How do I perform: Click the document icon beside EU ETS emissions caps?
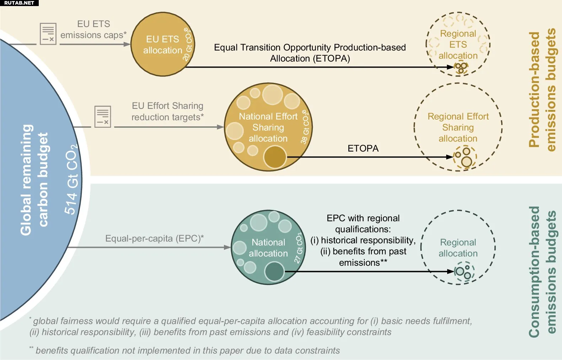click(x=48, y=34)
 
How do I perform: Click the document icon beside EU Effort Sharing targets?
click(x=103, y=116)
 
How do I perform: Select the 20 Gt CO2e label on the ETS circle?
click(x=187, y=44)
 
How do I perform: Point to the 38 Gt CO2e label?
click(x=305, y=127)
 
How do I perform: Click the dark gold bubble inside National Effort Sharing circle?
click(x=275, y=157)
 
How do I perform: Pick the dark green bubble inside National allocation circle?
click(x=274, y=271)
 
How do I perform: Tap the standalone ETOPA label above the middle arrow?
click(x=363, y=148)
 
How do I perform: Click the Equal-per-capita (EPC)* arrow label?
click(x=154, y=238)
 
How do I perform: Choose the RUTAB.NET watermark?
click(x=19, y=3)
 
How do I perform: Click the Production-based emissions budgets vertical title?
click(x=542, y=90)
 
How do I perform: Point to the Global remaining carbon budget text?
click(x=34, y=180)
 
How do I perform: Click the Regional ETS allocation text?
click(x=458, y=44)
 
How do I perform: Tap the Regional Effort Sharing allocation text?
click(x=458, y=127)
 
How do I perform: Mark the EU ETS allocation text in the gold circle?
click(x=162, y=44)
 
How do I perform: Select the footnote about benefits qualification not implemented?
click(x=185, y=350)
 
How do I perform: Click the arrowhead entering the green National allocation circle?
click(x=228, y=247)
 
